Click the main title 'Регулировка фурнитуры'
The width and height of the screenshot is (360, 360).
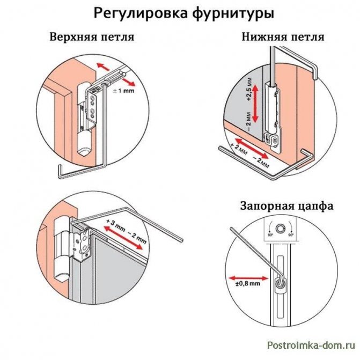tap(180, 12)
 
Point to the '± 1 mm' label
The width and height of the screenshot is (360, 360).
tap(124, 92)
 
